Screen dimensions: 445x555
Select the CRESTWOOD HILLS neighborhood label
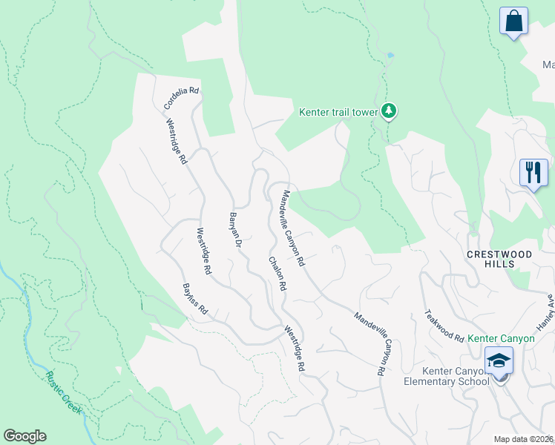pyautogui.click(x=499, y=259)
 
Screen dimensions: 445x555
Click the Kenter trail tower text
pyautogui.click(x=338, y=113)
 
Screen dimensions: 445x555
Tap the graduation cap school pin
pyautogui.click(x=499, y=362)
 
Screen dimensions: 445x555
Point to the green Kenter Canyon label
pyautogui.click(x=501, y=338)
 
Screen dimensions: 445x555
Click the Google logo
pyautogui.click(x=24, y=435)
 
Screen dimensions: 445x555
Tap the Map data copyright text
pyautogui.click(x=523, y=439)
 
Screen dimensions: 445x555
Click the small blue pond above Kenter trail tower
pyautogui.click(x=390, y=55)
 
